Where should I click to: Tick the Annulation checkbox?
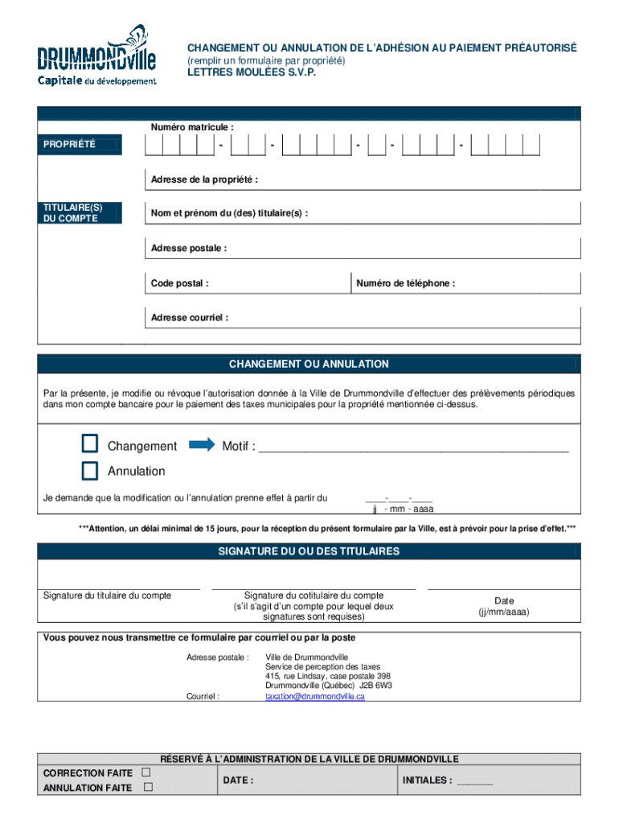click(x=89, y=470)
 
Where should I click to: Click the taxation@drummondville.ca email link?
click(x=315, y=697)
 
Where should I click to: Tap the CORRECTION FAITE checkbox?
click(x=146, y=772)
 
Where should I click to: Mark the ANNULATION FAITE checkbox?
click(x=147, y=787)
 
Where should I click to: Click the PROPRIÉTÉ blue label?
click(x=80, y=145)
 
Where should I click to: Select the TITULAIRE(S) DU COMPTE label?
click(x=80, y=213)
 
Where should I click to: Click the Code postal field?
click(x=248, y=283)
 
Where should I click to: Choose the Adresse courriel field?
click(x=362, y=318)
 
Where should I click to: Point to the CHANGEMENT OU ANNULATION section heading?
click(x=309, y=365)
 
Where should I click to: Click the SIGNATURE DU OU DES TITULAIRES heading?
click(x=309, y=552)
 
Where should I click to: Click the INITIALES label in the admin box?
click(x=427, y=780)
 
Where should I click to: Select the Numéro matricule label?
click(x=192, y=127)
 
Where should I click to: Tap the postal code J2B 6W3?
click(x=375, y=686)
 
